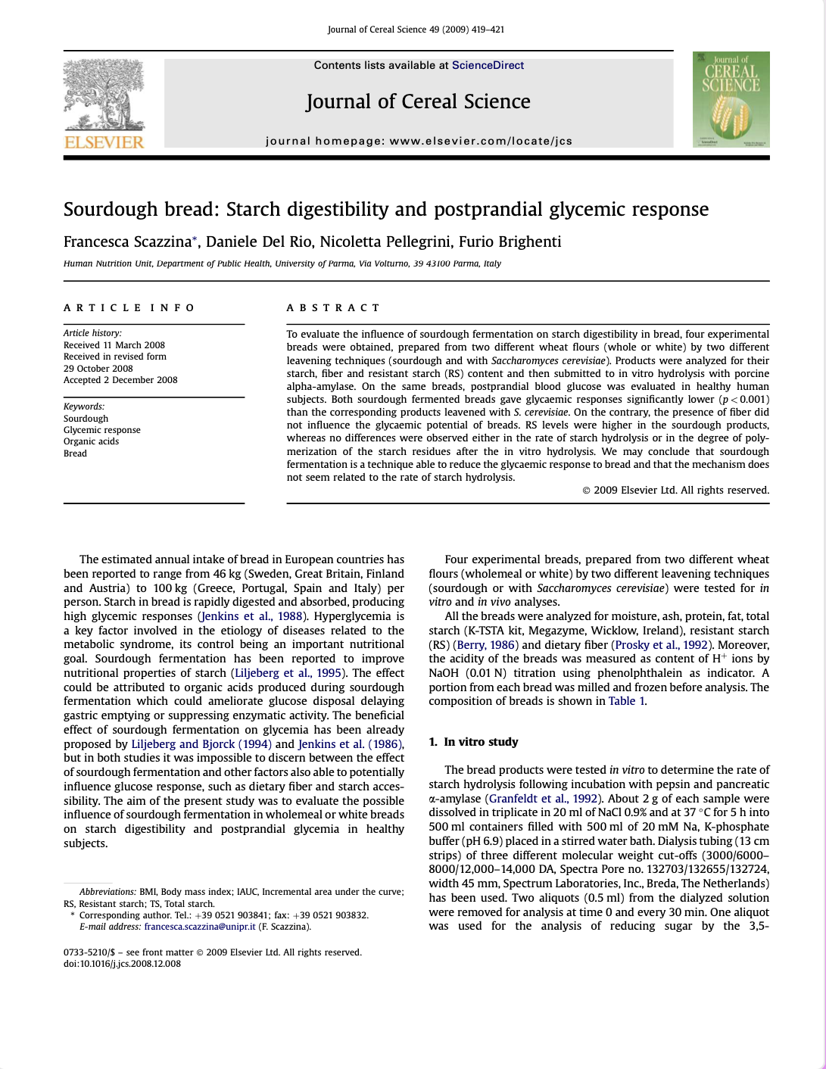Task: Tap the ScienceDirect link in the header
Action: pyautogui.click(x=488, y=65)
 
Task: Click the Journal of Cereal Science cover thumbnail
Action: pyautogui.click(x=731, y=99)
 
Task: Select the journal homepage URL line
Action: pyautogui.click(x=419, y=141)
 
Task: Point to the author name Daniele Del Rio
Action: pyautogui.click(x=259, y=242)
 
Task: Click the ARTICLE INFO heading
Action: pyautogui.click(x=129, y=307)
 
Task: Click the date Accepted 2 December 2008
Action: pyautogui.click(x=120, y=380)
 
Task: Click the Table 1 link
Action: pyautogui.click(x=626, y=701)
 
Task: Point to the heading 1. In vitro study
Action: pyautogui.click(x=473, y=742)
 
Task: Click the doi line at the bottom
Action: pyautogui.click(x=122, y=964)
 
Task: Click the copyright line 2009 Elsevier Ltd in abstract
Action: pyautogui.click(x=675, y=491)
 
